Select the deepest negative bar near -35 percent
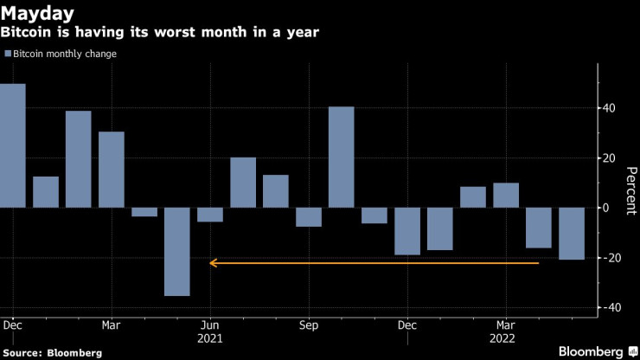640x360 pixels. point(177,252)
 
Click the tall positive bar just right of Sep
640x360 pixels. point(342,157)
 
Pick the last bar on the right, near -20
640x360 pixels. point(572,234)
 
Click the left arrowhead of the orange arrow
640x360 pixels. point(213,262)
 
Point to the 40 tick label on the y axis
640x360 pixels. point(610,108)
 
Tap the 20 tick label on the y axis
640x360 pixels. point(610,158)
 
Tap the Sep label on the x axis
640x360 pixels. point(308,326)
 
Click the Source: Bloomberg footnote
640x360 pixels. point(52,353)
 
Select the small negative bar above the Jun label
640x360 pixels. point(210,215)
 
